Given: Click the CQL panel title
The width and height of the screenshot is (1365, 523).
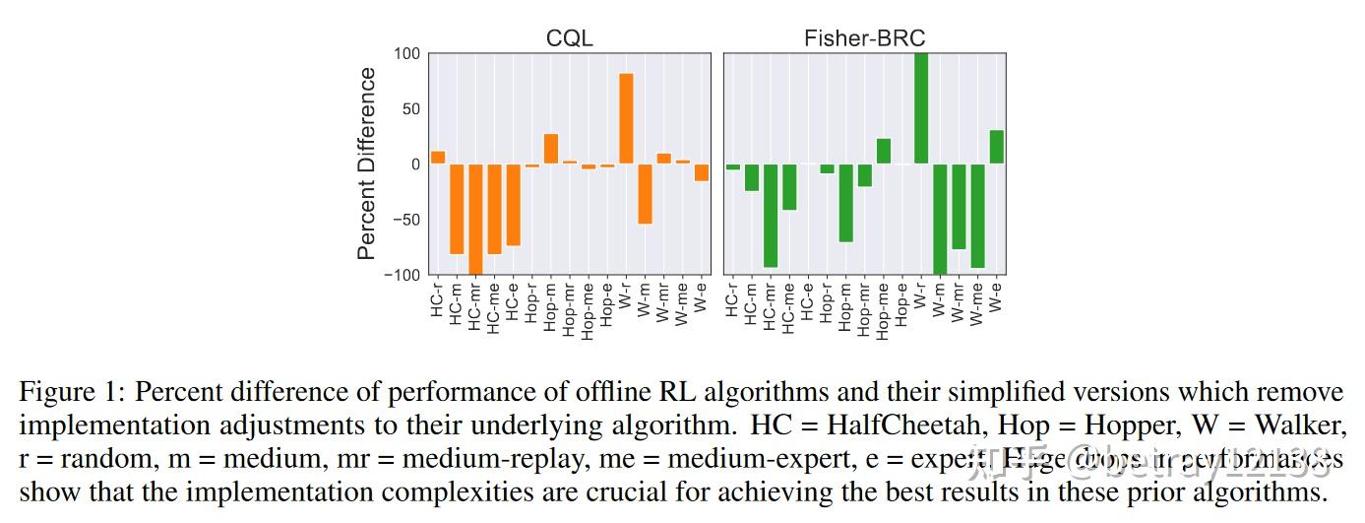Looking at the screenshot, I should point(569,38).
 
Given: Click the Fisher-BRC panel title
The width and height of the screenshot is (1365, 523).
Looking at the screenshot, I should point(864,38).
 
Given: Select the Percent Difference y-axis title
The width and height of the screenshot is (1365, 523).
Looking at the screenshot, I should point(366,163).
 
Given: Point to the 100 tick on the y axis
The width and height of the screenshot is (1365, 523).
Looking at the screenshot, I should point(406,53).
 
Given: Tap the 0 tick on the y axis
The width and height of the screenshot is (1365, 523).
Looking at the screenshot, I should point(414,163).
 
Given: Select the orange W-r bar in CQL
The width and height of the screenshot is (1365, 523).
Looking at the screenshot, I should point(626,119).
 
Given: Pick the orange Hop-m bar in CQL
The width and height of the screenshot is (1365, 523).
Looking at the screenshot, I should point(551,149).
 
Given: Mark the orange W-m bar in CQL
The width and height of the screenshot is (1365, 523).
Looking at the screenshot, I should point(645,193).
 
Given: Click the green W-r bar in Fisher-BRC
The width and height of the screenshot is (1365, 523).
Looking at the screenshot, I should point(921,108).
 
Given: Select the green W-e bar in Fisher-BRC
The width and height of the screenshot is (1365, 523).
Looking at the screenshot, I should point(996,147).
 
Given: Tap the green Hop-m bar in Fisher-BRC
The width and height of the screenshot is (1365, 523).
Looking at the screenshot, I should point(845,202).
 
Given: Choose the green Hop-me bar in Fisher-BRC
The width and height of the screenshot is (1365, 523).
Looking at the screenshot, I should point(883,151).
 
